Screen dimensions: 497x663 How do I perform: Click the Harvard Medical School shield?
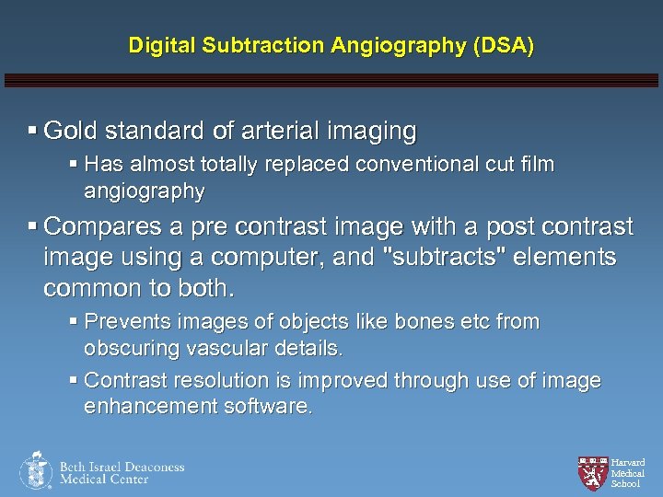(591, 471)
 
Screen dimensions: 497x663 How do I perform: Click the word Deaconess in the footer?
(153, 467)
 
